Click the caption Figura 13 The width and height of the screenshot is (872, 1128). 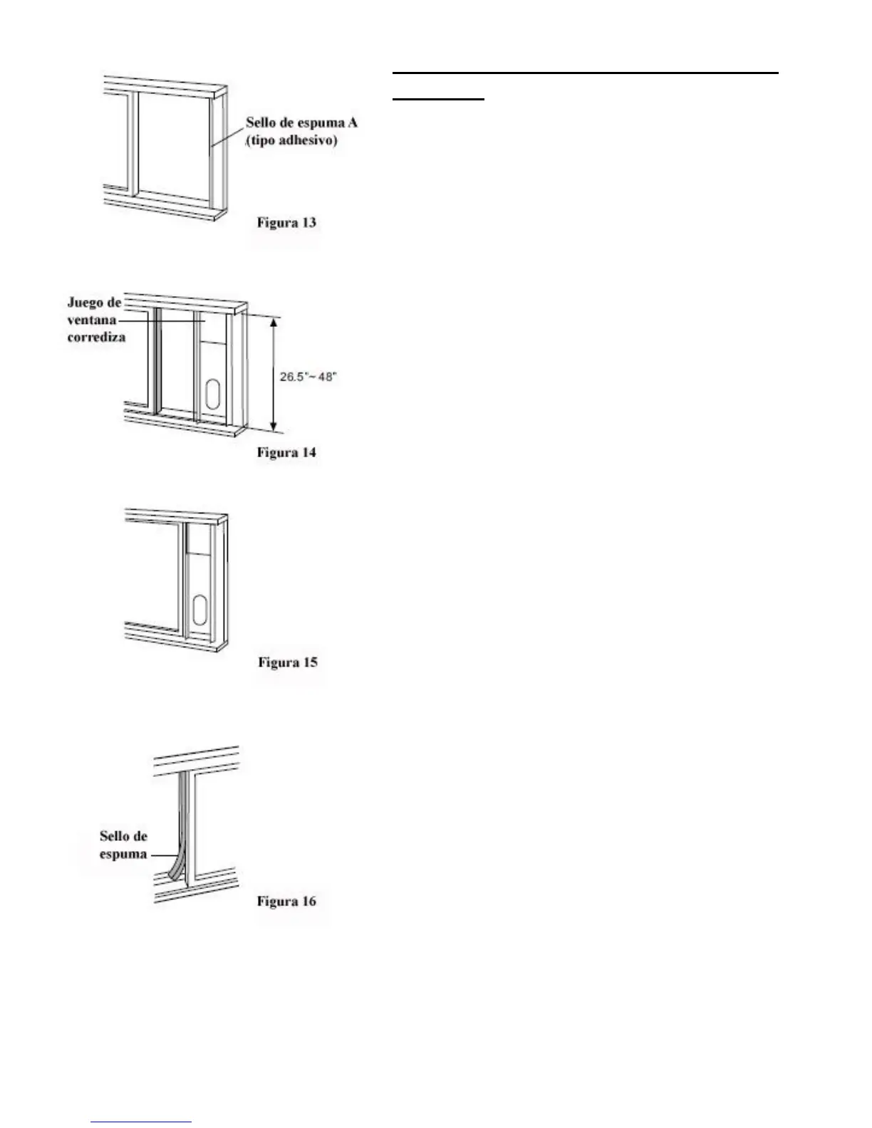click(x=286, y=223)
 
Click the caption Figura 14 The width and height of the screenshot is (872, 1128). click(x=286, y=453)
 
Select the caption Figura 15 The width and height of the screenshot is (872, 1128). click(x=287, y=663)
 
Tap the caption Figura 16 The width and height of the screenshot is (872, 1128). click(x=286, y=902)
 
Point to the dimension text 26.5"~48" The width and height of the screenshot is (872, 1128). click(x=307, y=376)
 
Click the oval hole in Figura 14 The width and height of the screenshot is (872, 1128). click(x=212, y=392)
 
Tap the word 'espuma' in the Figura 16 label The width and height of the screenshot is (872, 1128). click(x=123, y=854)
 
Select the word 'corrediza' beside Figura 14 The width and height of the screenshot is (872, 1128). click(x=96, y=338)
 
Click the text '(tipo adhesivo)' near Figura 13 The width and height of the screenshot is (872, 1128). click(x=291, y=141)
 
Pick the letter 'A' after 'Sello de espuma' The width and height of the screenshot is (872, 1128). click(x=352, y=122)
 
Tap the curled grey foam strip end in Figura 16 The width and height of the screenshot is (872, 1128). click(x=172, y=869)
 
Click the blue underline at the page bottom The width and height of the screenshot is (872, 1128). click(x=142, y=1122)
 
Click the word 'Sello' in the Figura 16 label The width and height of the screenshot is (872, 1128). click(x=113, y=836)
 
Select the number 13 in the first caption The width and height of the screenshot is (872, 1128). click(x=308, y=223)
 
